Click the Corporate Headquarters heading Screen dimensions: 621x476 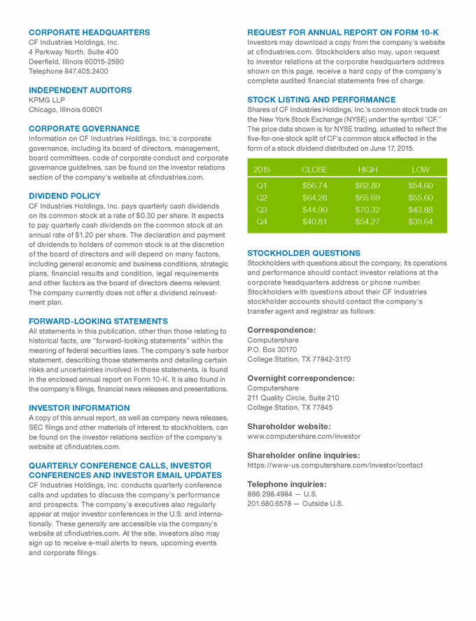point(89,32)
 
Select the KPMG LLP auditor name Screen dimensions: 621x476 point(46,100)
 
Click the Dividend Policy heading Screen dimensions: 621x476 point(64,196)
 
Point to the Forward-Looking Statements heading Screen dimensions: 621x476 point(98,321)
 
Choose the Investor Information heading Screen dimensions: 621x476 point(79,407)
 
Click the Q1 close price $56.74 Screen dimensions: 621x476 point(314,186)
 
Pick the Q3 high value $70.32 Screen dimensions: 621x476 point(367,210)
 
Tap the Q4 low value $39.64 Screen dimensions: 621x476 point(420,221)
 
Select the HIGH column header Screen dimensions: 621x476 point(367,170)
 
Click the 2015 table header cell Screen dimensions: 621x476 point(262,170)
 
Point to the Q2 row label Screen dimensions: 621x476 point(262,198)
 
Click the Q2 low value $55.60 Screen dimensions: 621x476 point(420,198)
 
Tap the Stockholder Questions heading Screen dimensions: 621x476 point(304,253)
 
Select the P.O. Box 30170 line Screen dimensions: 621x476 point(272,349)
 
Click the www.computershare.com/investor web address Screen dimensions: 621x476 point(304,436)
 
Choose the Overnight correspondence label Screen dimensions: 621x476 point(301,378)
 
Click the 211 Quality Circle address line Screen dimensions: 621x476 point(293,397)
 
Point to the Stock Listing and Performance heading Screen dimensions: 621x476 point(321,100)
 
